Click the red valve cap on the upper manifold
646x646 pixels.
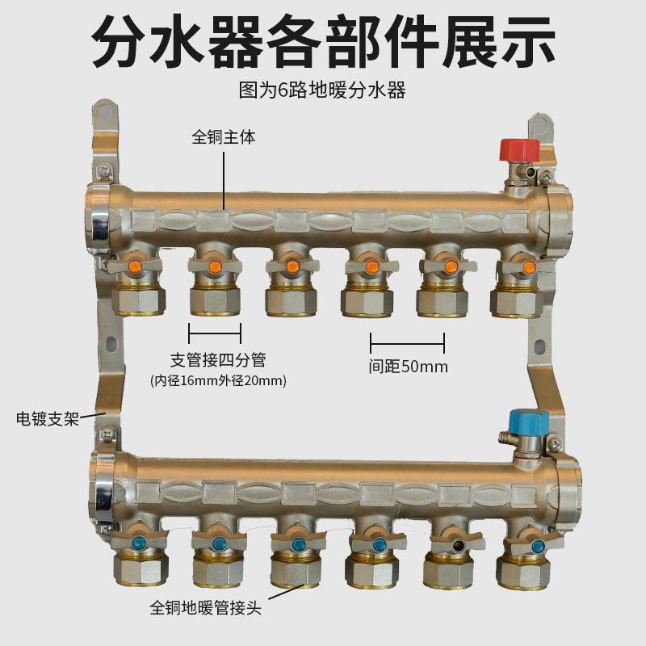point(518,151)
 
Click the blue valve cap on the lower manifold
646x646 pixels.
point(529,422)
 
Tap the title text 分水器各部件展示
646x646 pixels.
point(323,40)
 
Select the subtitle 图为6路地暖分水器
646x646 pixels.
point(322,90)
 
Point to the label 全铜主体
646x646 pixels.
point(223,136)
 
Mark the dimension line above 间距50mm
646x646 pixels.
point(407,342)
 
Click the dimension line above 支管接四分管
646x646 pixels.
point(215,332)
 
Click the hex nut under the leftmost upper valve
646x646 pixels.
point(138,301)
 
